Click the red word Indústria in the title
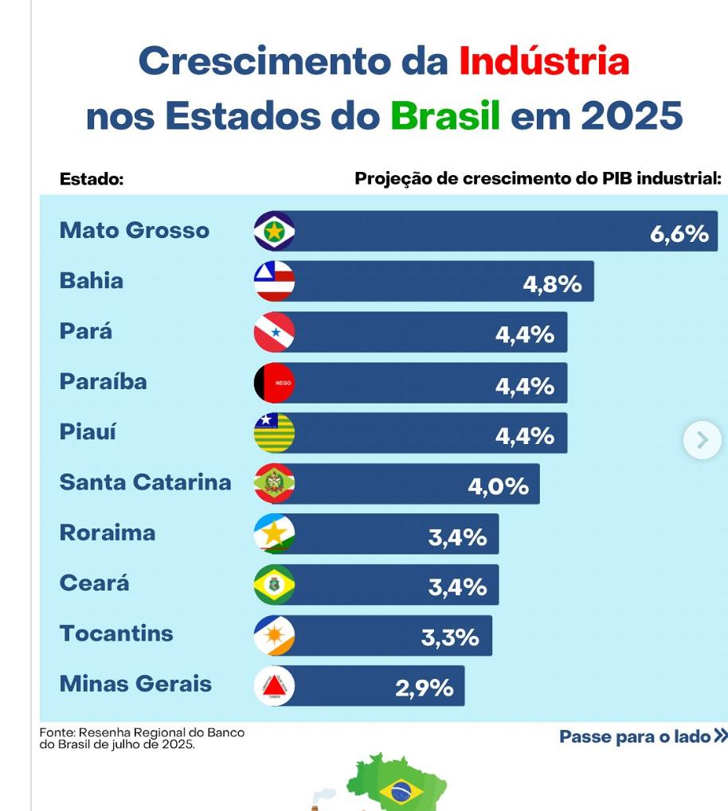click(544, 62)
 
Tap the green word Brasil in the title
click(445, 117)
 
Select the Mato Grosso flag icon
click(274, 232)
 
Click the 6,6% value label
click(679, 234)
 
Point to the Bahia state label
click(92, 281)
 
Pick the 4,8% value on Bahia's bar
click(552, 284)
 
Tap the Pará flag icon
click(274, 333)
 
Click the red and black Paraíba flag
click(274, 383)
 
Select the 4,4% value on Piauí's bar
click(524, 436)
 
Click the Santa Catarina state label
click(145, 482)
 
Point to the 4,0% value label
click(498, 486)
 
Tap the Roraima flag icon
click(274, 534)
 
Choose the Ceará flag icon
click(274, 585)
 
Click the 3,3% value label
click(450, 637)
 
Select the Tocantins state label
click(116, 634)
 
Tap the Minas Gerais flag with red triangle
click(274, 686)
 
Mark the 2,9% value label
click(424, 688)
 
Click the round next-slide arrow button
click(702, 440)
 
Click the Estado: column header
click(92, 180)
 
